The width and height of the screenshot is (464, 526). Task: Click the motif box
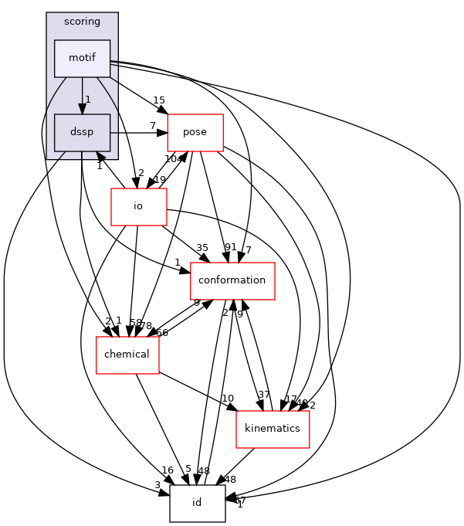[82, 59]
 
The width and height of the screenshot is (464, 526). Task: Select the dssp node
[82, 132]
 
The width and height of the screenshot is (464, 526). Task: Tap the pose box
[195, 132]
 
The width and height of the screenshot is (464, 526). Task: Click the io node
[138, 206]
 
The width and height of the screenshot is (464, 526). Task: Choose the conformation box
[232, 280]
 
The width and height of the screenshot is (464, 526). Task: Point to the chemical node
[127, 355]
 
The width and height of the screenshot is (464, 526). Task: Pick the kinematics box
[272, 429]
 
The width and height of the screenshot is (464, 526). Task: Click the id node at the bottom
[197, 503]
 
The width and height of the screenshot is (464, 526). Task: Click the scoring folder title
[82, 22]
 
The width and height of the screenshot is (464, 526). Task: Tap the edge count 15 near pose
[159, 100]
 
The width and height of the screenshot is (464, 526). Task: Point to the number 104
[174, 158]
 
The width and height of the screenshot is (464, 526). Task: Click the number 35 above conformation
[202, 248]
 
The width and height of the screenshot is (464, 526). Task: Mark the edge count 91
[230, 247]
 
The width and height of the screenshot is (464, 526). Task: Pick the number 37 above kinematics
[264, 395]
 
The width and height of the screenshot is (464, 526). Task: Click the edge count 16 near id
[168, 470]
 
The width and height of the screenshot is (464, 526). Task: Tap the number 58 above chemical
[135, 322]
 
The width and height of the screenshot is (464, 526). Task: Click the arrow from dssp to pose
[139, 132]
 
